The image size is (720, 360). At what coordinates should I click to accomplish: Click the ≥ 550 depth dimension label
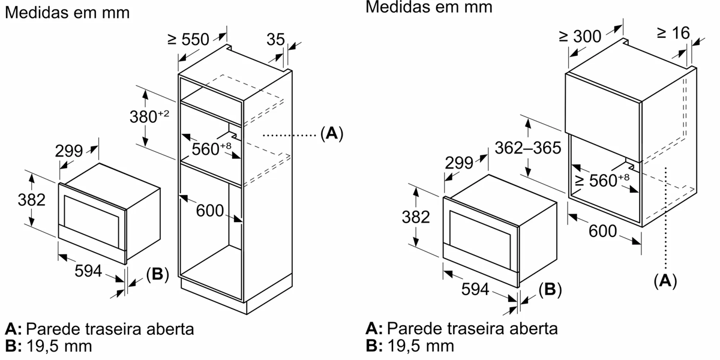(188, 40)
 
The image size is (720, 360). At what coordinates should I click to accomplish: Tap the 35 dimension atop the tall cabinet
(275, 40)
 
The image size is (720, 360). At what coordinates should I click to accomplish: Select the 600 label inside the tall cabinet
(210, 211)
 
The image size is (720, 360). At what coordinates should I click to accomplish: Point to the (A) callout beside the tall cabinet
(332, 134)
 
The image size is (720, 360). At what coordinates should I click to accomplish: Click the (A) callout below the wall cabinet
(664, 280)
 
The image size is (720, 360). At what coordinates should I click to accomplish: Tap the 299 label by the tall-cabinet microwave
(69, 151)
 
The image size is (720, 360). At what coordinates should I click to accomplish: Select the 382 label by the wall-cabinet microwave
(415, 217)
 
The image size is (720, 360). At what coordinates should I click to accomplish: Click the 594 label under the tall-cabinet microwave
(88, 271)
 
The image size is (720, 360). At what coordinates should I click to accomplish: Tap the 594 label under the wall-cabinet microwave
(475, 290)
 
